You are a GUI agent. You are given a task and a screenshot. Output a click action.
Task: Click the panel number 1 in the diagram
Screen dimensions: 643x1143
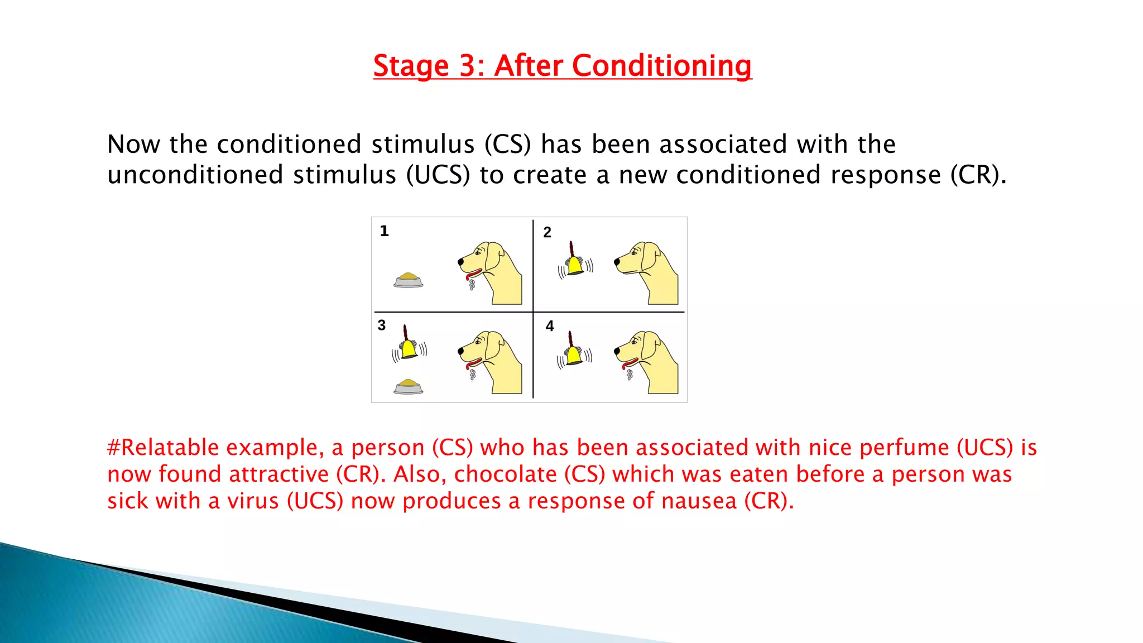click(384, 231)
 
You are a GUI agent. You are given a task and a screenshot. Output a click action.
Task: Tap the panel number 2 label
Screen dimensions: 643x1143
click(547, 232)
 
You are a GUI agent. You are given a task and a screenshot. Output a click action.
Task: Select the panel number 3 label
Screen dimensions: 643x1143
click(381, 325)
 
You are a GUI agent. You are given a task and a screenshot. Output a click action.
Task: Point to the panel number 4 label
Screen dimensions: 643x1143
click(550, 326)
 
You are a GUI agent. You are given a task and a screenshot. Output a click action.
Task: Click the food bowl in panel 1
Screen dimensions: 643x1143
click(408, 280)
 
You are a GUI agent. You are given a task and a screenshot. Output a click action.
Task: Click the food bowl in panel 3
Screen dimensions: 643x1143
click(408, 386)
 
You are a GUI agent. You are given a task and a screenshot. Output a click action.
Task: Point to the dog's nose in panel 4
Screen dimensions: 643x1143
click(617, 351)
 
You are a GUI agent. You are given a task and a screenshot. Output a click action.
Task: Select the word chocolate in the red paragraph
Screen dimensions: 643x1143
click(505, 475)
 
